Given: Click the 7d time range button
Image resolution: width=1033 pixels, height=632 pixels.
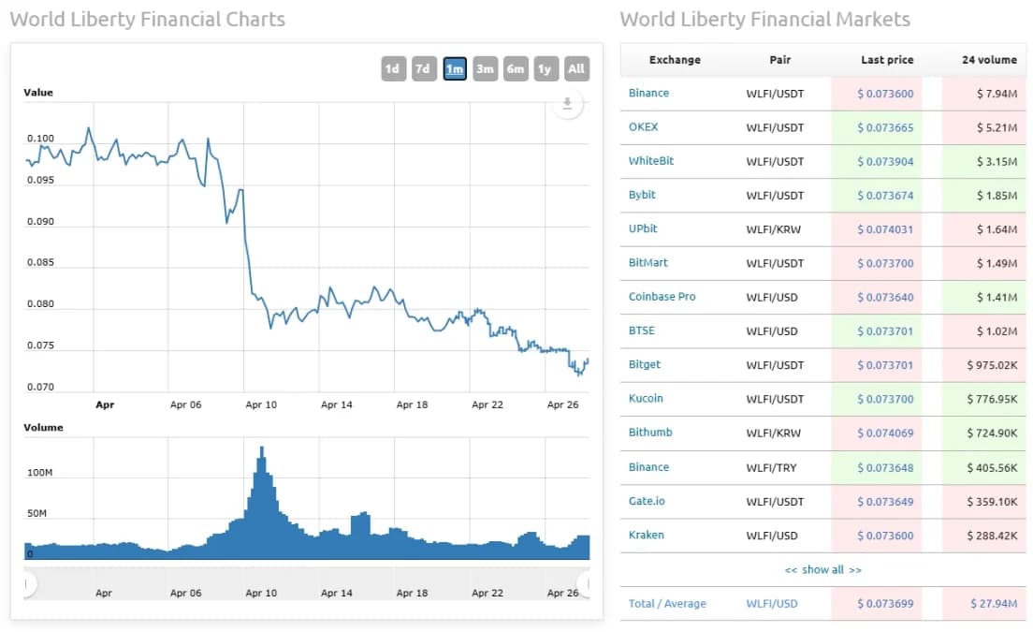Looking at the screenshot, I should coord(424,68).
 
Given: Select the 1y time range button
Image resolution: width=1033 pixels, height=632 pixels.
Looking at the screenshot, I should coord(546,68).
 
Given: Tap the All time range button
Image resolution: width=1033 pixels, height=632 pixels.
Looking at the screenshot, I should coord(576,68).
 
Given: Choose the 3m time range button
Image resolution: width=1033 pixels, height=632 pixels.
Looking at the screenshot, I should coord(485,68).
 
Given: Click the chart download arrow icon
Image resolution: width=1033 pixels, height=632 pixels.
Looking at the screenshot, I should coord(567,104).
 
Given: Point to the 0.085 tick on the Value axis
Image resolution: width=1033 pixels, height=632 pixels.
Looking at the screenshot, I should coord(40,262).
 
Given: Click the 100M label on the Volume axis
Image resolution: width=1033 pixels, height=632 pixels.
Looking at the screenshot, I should coord(40,473).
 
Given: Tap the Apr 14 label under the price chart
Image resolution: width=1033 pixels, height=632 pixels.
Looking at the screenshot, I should coord(337,404).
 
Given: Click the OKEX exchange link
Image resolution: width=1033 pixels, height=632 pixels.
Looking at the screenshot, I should coord(644,127).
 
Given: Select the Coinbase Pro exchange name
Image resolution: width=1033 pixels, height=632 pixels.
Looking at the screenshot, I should coord(662,297).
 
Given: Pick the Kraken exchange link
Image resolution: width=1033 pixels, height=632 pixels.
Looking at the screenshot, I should coord(647,535).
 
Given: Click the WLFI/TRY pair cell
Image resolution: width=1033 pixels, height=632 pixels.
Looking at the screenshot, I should coord(772,467).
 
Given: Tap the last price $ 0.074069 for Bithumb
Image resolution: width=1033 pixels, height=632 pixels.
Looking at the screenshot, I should coord(885,433).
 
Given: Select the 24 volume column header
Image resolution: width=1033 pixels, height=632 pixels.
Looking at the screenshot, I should coord(989,60).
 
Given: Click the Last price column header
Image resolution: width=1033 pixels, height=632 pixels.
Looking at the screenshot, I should coord(887,60).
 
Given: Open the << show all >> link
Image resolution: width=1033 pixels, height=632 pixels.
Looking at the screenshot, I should coord(823,569).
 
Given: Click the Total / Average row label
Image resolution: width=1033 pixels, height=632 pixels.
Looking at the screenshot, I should coord(667,604).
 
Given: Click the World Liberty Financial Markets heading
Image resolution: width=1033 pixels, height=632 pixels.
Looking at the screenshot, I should coord(764,20).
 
